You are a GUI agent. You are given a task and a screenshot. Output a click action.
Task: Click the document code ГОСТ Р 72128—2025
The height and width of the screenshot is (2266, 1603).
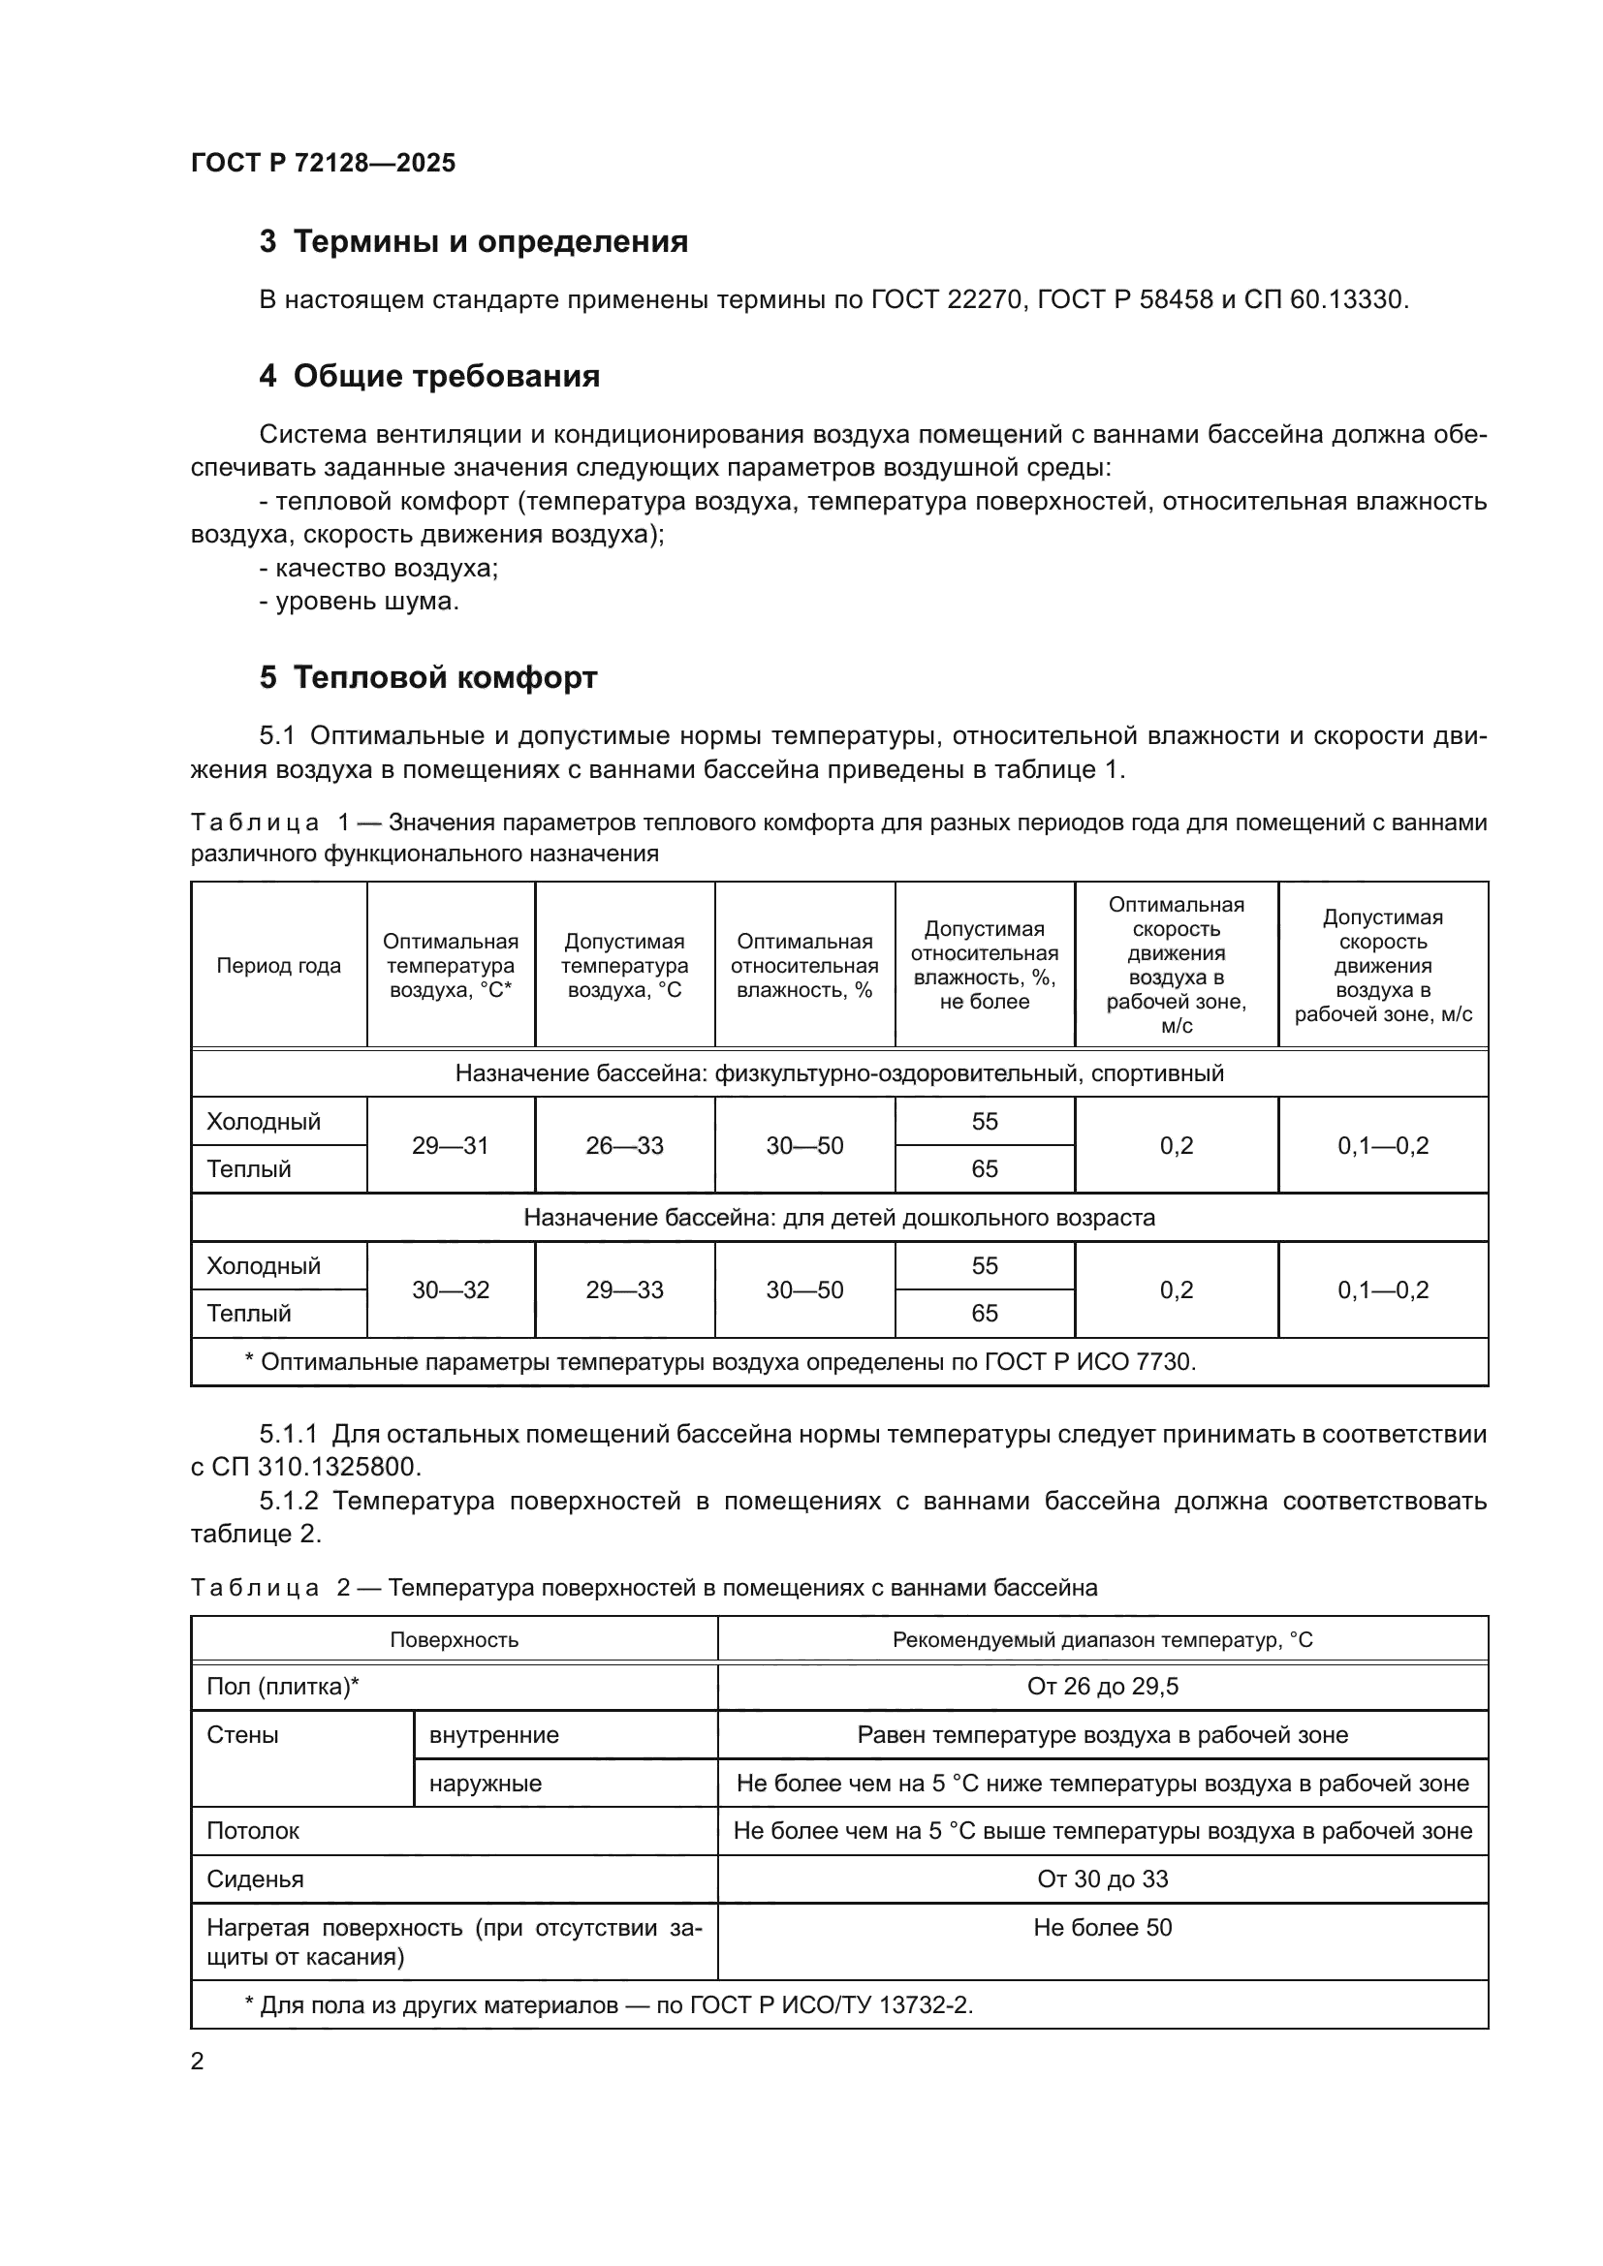click(x=323, y=163)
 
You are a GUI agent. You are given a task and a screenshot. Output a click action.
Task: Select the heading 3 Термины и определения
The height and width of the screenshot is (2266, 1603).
click(x=473, y=242)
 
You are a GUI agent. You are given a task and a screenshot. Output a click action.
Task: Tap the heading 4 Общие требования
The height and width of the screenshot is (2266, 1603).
click(x=429, y=376)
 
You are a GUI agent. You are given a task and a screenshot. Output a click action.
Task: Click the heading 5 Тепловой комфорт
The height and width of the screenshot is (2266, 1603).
click(x=427, y=678)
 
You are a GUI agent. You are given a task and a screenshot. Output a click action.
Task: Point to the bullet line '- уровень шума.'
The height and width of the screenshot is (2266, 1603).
click(x=360, y=601)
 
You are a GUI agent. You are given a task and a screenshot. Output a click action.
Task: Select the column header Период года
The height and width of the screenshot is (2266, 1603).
click(x=278, y=965)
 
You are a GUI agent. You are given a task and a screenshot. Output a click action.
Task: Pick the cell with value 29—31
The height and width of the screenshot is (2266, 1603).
click(x=450, y=1146)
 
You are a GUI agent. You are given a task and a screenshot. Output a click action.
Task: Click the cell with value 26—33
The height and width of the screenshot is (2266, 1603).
click(x=624, y=1146)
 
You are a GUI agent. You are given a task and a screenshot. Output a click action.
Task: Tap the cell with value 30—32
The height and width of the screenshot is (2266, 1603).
click(x=450, y=1289)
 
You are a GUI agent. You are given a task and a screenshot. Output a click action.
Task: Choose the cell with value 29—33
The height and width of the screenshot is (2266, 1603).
click(x=624, y=1289)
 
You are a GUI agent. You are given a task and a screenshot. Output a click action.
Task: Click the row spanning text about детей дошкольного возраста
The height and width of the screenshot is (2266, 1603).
click(x=838, y=1218)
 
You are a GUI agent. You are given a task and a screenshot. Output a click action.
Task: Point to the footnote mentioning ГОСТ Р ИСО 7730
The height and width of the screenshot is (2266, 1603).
click(x=719, y=1362)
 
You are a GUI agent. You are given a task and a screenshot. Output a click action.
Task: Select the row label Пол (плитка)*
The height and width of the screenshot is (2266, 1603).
click(x=282, y=1687)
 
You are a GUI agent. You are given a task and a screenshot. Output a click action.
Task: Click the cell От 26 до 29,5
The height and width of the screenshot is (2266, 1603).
click(x=1102, y=1687)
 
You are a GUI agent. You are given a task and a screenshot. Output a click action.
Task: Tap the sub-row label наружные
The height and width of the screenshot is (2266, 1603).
click(x=486, y=1784)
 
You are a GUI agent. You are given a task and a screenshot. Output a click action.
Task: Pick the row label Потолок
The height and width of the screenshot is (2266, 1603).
click(x=253, y=1831)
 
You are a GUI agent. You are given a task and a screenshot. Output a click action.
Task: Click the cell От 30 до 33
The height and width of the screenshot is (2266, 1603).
click(x=1102, y=1879)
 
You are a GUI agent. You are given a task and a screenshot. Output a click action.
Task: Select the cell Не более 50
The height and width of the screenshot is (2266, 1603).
click(x=1102, y=1928)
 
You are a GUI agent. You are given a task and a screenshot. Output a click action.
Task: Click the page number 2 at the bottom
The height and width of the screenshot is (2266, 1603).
click(x=198, y=2062)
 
